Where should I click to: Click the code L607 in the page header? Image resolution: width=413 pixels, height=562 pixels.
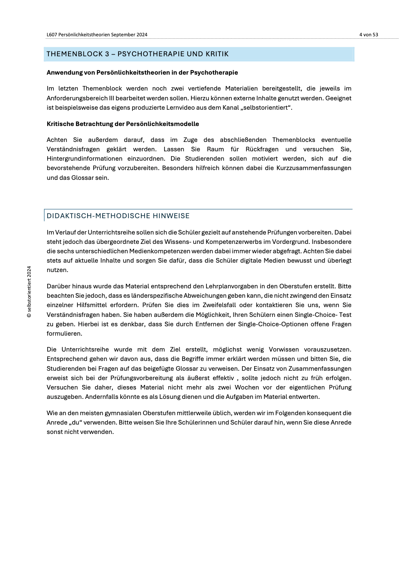tap(52, 35)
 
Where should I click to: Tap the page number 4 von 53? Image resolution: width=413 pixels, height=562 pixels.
tap(368, 35)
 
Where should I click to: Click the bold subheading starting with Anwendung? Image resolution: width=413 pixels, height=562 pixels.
tap(142, 73)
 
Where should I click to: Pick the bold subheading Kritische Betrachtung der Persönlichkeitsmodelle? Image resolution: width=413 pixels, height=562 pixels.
tap(123, 124)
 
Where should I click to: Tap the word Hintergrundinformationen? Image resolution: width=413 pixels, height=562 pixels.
tap(84, 159)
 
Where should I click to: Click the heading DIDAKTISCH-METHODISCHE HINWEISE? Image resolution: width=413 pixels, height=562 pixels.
tap(118, 216)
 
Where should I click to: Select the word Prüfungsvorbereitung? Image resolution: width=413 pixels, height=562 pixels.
tap(141, 378)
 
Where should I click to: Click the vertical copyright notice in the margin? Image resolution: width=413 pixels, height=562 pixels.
tap(29, 292)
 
